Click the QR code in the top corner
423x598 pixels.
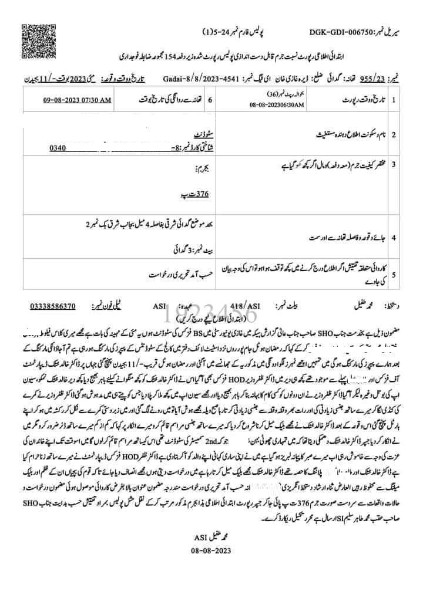point(34,34)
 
